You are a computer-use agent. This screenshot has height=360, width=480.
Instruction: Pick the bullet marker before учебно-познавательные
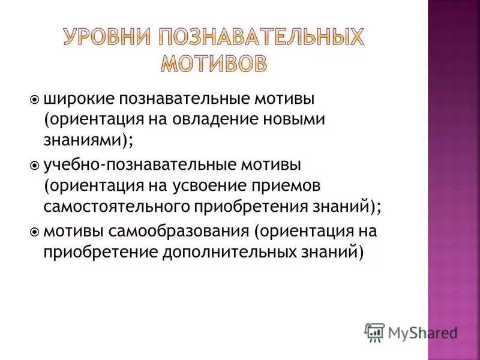pyautogui.click(x=34, y=163)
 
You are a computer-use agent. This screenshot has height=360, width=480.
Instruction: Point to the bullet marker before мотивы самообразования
pyautogui.click(x=34, y=230)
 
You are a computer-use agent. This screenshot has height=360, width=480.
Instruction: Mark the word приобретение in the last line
pyautogui.click(x=99, y=252)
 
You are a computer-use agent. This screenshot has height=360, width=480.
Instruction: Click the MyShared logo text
pyautogui.click(x=422, y=332)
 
